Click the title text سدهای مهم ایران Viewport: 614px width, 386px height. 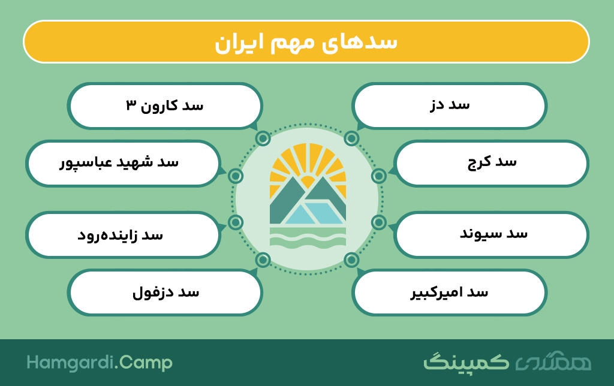pos(306,43)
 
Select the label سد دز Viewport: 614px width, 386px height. pos(450,105)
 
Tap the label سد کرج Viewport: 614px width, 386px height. pos(492,162)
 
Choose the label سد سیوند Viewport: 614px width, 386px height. pos(493,234)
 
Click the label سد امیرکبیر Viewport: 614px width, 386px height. pos(449,292)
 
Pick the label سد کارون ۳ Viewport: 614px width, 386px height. pos(164,105)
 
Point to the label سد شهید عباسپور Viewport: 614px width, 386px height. pos(119,163)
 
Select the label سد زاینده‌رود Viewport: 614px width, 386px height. pos(120,236)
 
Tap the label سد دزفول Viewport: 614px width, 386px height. pos(165,293)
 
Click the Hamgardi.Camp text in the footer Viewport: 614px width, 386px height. pos(100,363)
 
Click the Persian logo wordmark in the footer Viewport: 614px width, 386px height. pos(507,362)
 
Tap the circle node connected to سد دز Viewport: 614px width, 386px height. pos(351,138)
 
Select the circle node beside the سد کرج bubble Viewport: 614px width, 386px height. pos(379,176)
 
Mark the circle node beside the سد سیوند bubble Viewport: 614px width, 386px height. pos(379,222)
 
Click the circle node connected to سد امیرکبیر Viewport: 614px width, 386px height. pos(351,260)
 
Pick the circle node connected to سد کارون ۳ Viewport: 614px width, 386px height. pos(263,138)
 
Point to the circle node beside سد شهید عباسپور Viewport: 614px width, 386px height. pos(236,176)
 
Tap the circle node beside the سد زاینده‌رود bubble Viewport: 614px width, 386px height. pos(236,222)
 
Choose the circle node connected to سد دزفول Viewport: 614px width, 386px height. pos(263,260)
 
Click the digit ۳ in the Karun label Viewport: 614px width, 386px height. pos(131,105)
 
